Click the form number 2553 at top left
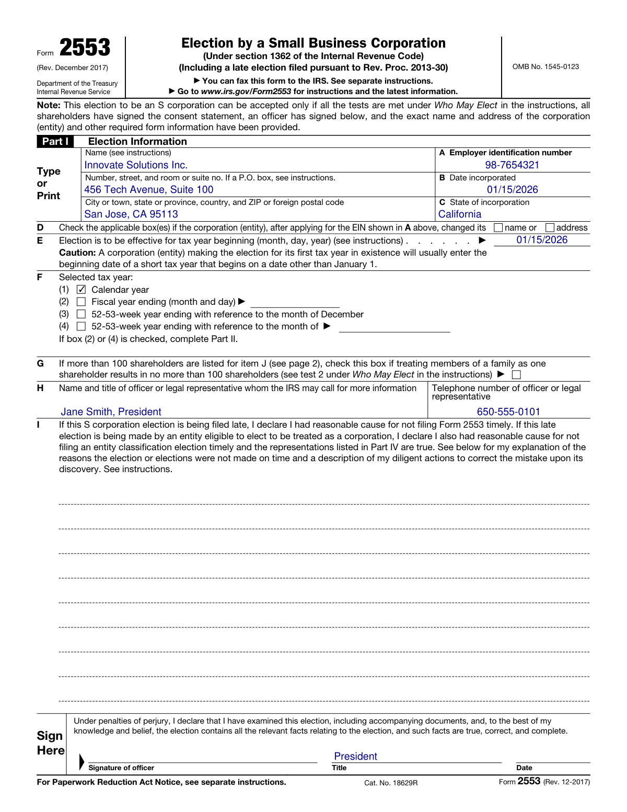click(x=85, y=48)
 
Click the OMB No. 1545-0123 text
click(x=545, y=67)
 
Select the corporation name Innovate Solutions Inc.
click(x=136, y=165)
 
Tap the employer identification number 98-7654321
click(x=512, y=165)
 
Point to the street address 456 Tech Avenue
click(x=149, y=190)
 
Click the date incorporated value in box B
click(x=512, y=190)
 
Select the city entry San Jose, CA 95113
click(x=131, y=214)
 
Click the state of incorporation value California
click(x=460, y=214)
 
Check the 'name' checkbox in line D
click(x=498, y=228)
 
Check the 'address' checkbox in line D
click(x=550, y=228)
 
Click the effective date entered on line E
click(x=542, y=240)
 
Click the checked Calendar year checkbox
click(x=81, y=290)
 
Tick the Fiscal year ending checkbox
click(x=81, y=302)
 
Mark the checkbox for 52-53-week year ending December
click(x=81, y=314)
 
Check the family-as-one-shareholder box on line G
click(x=516, y=375)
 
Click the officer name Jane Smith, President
click(x=111, y=412)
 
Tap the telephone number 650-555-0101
click(x=508, y=412)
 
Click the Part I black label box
click(x=55, y=142)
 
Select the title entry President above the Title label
click(x=355, y=757)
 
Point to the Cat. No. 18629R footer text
click(x=391, y=783)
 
